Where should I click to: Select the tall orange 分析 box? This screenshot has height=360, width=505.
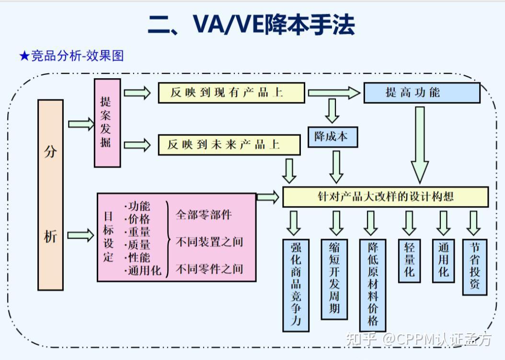(50, 195)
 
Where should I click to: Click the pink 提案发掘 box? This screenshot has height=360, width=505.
(107, 123)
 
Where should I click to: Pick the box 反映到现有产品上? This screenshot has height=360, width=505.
(231, 93)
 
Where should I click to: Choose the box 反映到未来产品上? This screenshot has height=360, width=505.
(229, 145)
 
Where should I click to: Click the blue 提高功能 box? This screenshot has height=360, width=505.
(421, 93)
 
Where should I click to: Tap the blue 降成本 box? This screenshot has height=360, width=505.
(332, 136)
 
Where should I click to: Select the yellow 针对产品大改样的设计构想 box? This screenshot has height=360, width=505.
(385, 197)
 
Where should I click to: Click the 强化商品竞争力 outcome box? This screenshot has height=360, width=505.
(296, 284)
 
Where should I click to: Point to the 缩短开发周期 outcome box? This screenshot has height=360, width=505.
(334, 279)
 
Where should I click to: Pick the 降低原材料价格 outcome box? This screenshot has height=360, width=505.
(372, 284)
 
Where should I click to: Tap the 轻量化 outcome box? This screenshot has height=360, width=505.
(409, 260)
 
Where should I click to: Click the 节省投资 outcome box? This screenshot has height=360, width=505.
(474, 266)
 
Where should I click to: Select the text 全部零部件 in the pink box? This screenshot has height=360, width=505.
(204, 214)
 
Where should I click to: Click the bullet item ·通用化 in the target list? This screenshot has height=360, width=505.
(143, 270)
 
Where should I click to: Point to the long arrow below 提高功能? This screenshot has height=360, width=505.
(420, 144)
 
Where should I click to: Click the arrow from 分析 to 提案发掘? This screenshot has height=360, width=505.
(81, 124)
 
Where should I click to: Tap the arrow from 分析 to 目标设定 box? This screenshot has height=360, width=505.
(80, 235)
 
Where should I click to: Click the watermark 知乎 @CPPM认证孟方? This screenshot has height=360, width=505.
(419, 339)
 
